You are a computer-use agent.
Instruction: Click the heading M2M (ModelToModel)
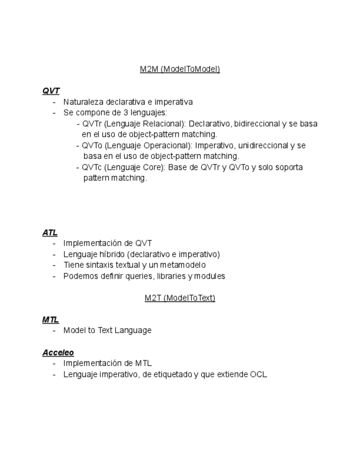[180, 69]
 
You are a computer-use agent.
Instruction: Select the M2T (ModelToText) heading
[180, 298]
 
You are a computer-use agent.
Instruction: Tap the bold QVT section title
[51, 91]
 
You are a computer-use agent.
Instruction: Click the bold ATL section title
[50, 232]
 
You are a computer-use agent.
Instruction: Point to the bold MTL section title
[51, 319]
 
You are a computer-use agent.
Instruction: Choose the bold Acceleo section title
[58, 352]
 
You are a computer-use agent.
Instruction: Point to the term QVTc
[92, 167]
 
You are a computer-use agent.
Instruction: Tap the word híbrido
[112, 254]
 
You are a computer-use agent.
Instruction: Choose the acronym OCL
[258, 374]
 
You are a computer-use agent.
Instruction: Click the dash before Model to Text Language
[54, 330]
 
